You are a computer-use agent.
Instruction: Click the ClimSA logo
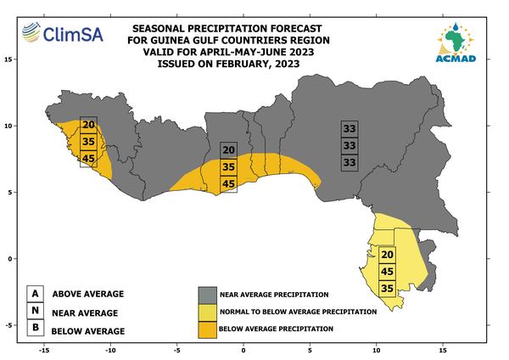pyautogui.click(x=63, y=33)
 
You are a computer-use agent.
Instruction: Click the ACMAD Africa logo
pyautogui.click(x=456, y=42)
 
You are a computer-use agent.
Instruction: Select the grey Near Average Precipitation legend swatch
pyautogui.click(x=208, y=295)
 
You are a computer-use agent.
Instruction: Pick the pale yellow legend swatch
pyautogui.click(x=208, y=312)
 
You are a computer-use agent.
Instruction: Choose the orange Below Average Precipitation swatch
pyautogui.click(x=208, y=329)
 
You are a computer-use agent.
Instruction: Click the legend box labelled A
pyautogui.click(x=36, y=294)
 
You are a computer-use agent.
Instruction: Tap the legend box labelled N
pyautogui.click(x=36, y=311)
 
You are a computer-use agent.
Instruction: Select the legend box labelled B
pyautogui.click(x=36, y=328)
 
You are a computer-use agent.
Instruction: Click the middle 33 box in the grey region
pyautogui.click(x=350, y=145)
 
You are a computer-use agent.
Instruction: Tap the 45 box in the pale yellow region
pyautogui.click(x=388, y=272)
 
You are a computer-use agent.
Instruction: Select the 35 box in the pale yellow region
pyautogui.click(x=388, y=288)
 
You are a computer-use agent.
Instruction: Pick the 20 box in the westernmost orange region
pyautogui.click(x=88, y=125)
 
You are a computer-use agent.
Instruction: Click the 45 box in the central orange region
pyautogui.click(x=228, y=184)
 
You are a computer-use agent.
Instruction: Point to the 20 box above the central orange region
pyautogui.click(x=228, y=150)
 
